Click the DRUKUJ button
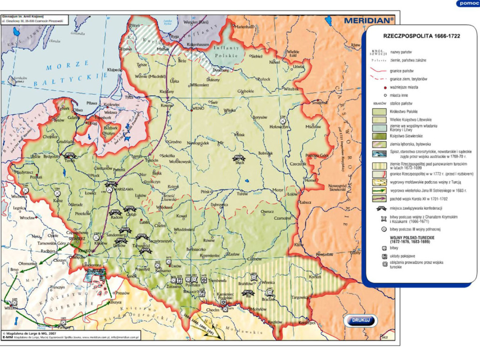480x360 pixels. point(361,320)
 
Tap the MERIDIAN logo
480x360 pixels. point(369,20)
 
